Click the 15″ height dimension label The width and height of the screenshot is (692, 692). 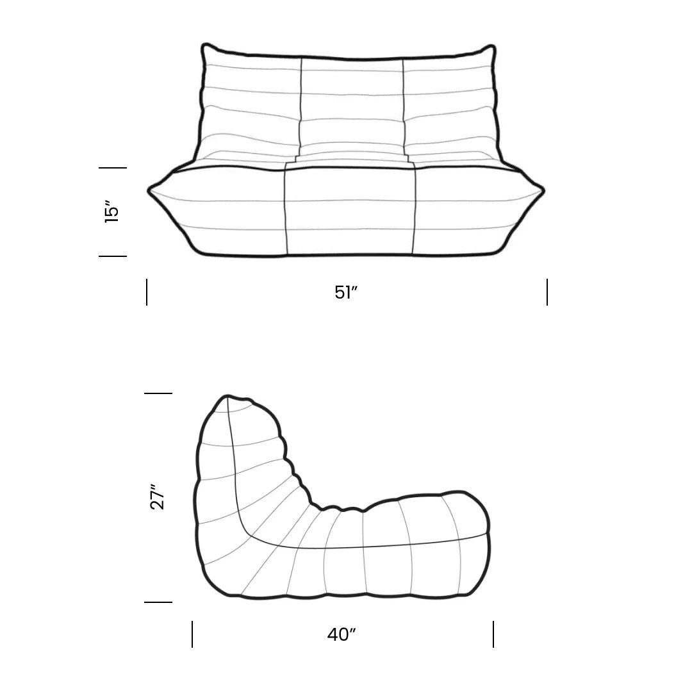point(112,211)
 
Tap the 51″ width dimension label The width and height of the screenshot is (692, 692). point(346,292)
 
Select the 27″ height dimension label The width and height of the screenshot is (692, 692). point(158,497)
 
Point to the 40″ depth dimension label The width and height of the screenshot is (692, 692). point(342,634)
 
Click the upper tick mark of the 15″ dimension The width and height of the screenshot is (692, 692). point(113,168)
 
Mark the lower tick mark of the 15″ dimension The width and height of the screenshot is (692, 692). point(113,256)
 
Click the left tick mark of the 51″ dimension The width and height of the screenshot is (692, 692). point(147,292)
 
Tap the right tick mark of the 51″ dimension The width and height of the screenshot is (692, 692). point(547,292)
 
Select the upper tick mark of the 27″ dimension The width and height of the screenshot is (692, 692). point(158,393)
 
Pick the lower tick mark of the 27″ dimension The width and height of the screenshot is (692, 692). point(158,602)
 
